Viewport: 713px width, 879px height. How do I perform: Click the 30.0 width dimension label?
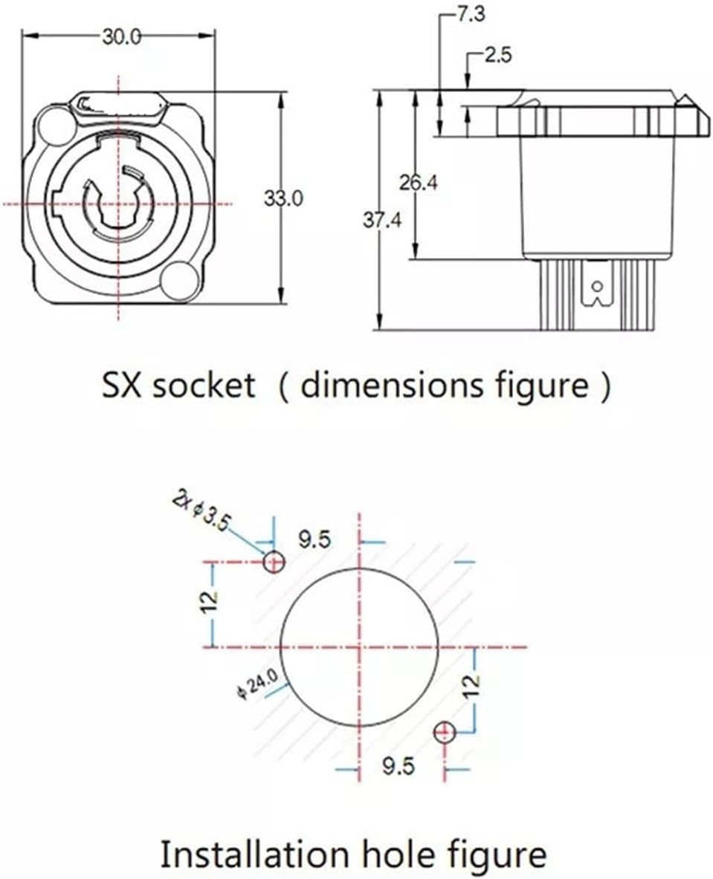tap(121, 38)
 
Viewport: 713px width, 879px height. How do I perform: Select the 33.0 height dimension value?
tap(284, 198)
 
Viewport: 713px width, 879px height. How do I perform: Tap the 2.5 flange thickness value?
tap(496, 57)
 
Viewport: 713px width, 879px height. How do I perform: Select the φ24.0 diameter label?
tap(256, 682)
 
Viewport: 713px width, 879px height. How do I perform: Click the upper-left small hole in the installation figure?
tap(274, 562)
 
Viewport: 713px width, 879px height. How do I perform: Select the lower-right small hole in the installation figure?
tap(445, 733)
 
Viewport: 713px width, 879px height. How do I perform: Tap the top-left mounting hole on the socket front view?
tap(54, 123)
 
